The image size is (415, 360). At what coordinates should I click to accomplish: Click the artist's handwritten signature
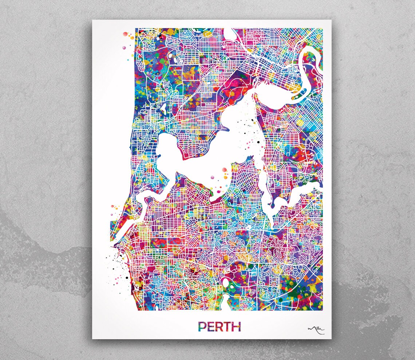click(x=316, y=329)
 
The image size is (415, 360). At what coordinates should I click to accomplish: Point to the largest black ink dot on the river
click(x=258, y=141)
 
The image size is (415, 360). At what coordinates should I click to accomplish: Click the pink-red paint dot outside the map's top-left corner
click(x=126, y=34)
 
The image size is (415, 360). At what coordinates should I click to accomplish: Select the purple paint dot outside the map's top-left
click(x=124, y=47)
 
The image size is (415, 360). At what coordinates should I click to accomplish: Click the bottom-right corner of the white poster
click(x=331, y=339)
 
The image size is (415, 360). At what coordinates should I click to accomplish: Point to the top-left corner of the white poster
click(x=92, y=20)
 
